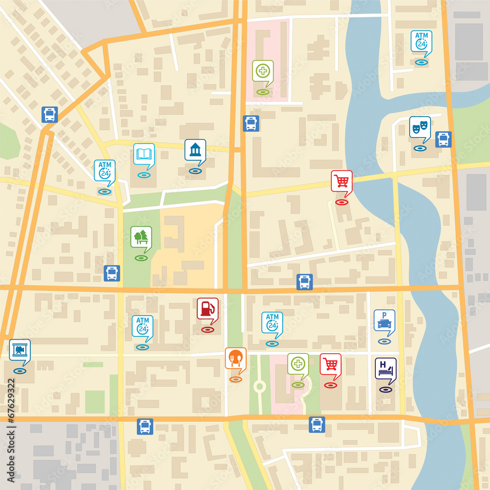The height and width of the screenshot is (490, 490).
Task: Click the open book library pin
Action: tap(144, 154)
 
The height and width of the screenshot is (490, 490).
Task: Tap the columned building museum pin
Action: tap(195, 150)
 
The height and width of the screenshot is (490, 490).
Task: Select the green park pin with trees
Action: tap(141, 237)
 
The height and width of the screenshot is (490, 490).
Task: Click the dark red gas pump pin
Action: tap(207, 309)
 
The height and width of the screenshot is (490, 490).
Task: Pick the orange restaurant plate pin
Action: tap(235, 358)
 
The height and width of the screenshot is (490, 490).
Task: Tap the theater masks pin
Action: tap(420, 127)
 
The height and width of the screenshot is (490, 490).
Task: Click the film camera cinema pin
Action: tap(20, 350)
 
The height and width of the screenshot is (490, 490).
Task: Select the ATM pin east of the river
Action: tap(421, 42)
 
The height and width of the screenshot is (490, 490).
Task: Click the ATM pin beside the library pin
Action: tap(104, 171)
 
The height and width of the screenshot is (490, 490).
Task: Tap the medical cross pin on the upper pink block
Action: tap(263, 71)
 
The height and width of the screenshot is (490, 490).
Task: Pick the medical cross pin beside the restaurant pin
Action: tap(298, 364)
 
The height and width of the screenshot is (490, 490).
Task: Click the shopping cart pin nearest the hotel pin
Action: tap(331, 364)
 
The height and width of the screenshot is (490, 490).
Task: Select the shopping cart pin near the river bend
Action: tap(342, 181)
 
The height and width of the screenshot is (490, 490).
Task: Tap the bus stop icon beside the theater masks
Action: tap(443, 139)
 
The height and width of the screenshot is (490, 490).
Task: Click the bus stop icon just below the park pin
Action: tap(112, 273)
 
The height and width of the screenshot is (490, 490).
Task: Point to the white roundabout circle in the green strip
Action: tap(259, 387)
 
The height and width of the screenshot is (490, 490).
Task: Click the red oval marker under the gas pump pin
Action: tap(207, 330)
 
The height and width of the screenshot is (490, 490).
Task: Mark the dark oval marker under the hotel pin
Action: tap(386, 390)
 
